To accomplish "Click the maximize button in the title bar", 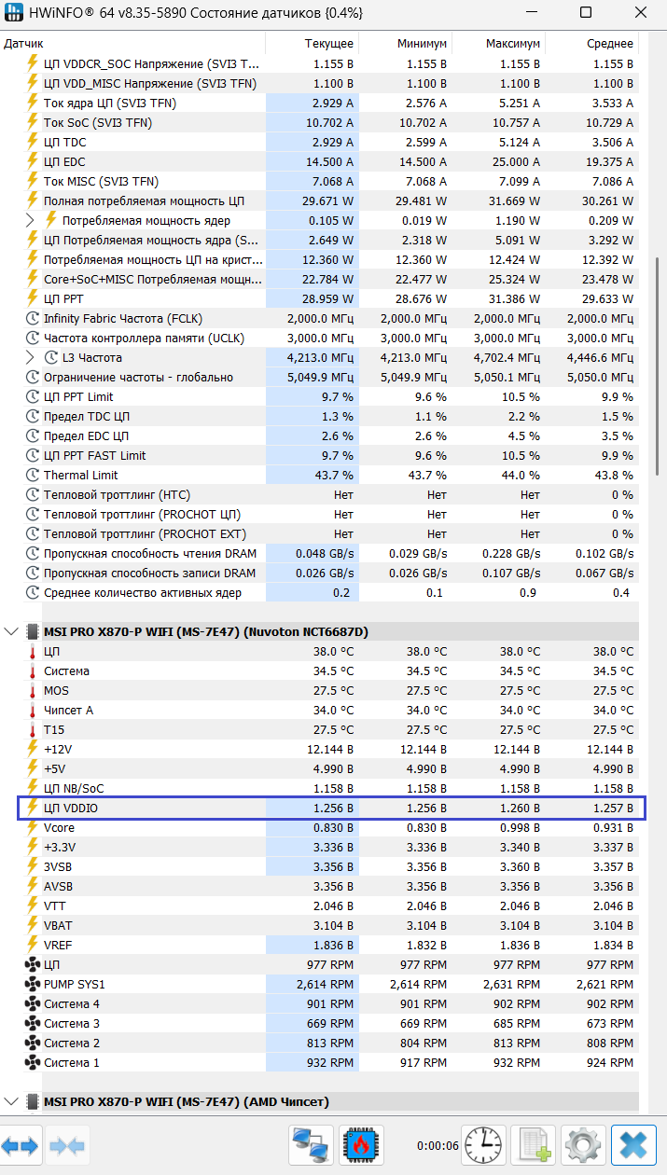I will pos(585,13).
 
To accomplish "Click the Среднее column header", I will pos(611,44).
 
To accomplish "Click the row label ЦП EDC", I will pos(64,162).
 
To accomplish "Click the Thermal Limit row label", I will pos(81,476).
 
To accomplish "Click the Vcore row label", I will pos(59,828).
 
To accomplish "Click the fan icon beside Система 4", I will pos(32,1004).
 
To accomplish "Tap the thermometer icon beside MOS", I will pos(32,691).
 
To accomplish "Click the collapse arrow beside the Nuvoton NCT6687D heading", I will pos(11,632).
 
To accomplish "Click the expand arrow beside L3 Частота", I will pos(32,358).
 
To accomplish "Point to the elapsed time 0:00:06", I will pos(437,1145).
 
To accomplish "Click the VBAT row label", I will pos(58,926).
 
